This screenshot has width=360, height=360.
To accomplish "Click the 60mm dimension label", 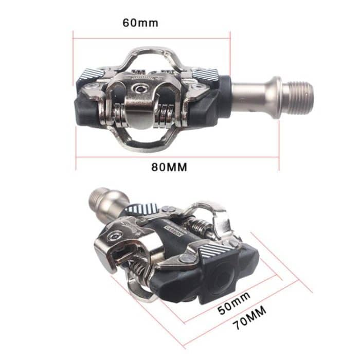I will click(140, 23).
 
